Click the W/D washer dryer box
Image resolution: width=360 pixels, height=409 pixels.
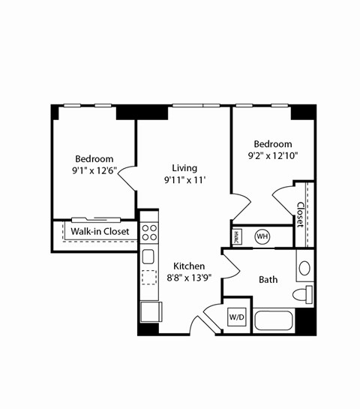[237, 317]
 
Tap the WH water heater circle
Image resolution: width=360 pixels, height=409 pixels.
[262, 236]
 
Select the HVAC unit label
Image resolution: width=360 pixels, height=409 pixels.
[236, 236]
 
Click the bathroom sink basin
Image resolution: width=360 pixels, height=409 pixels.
[304, 268]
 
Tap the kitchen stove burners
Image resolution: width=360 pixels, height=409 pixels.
[148, 229]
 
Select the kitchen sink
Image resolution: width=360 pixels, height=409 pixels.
[148, 257]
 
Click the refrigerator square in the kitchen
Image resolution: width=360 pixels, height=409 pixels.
[150, 310]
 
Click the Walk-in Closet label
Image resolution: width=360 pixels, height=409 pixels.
[100, 231]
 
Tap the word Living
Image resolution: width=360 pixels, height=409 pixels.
[184, 167]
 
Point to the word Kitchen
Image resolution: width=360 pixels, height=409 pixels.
[189, 266]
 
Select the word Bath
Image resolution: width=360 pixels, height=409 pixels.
[268, 279]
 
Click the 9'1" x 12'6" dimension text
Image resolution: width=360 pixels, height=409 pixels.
[94, 170]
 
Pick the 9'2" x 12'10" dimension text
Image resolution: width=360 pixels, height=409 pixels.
[272, 156]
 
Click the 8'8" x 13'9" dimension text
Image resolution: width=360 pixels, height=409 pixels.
[189, 278]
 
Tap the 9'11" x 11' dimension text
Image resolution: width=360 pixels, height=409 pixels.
[184, 179]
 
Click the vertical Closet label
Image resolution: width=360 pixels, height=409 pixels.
[301, 214]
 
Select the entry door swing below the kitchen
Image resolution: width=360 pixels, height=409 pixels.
[201, 323]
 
